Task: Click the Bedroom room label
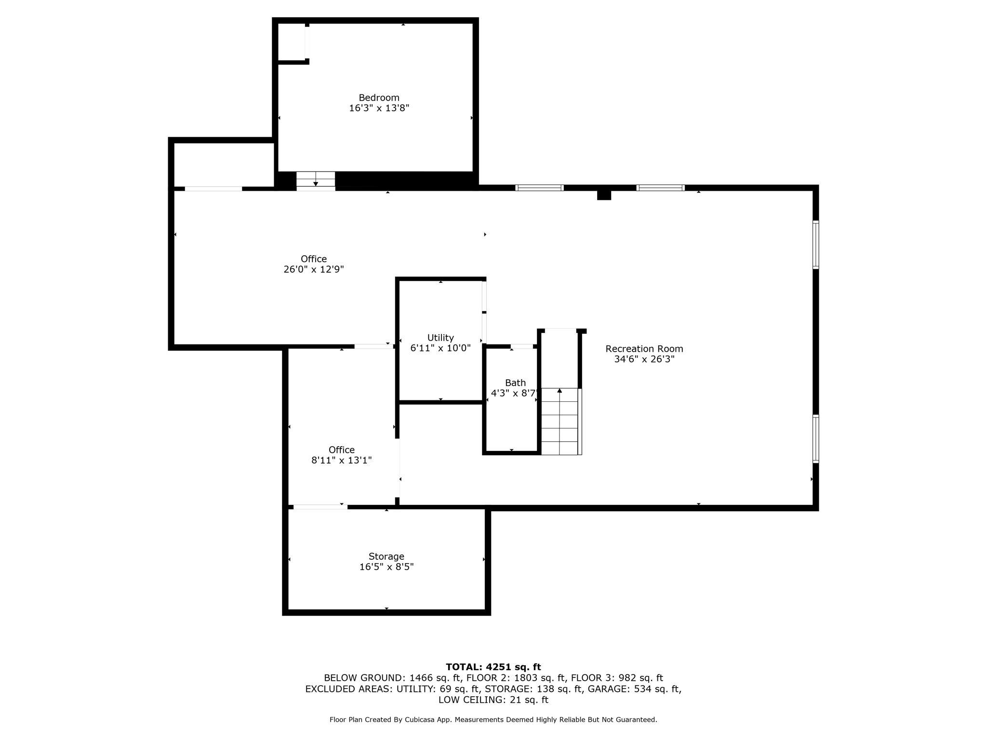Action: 379,98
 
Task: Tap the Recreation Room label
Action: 644,349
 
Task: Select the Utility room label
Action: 440,338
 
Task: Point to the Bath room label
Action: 515,383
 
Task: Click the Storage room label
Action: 387,556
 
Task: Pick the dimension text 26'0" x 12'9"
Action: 314,269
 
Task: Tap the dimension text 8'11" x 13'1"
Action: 342,460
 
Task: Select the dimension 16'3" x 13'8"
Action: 379,108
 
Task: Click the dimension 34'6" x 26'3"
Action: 644,359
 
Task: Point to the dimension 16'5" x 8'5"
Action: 387,567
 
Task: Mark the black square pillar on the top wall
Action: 604,195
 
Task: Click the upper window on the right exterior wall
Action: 815,245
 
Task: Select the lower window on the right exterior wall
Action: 815,439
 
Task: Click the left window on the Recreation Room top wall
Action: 539,188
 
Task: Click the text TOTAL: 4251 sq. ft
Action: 493,667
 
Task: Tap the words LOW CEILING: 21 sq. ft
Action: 493,700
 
